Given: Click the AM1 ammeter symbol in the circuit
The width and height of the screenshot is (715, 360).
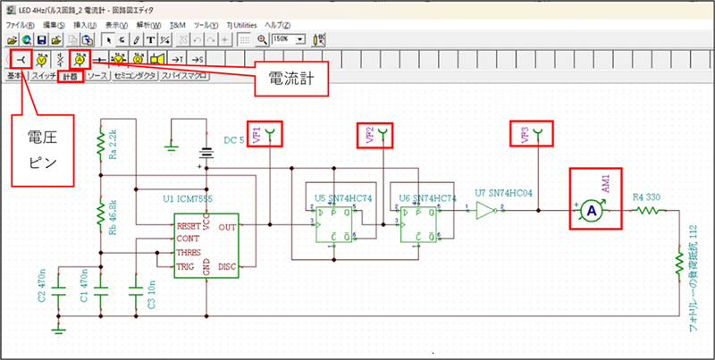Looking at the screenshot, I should point(590,209).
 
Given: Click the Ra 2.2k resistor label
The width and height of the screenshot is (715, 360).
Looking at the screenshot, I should point(113,140).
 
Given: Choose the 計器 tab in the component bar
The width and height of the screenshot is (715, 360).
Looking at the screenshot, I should point(71,76).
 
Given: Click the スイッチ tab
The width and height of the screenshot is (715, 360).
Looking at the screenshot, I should point(44,76).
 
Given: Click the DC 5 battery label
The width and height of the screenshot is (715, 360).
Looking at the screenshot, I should point(233,140).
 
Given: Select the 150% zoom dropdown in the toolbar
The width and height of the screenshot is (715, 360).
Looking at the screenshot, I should point(289,40).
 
